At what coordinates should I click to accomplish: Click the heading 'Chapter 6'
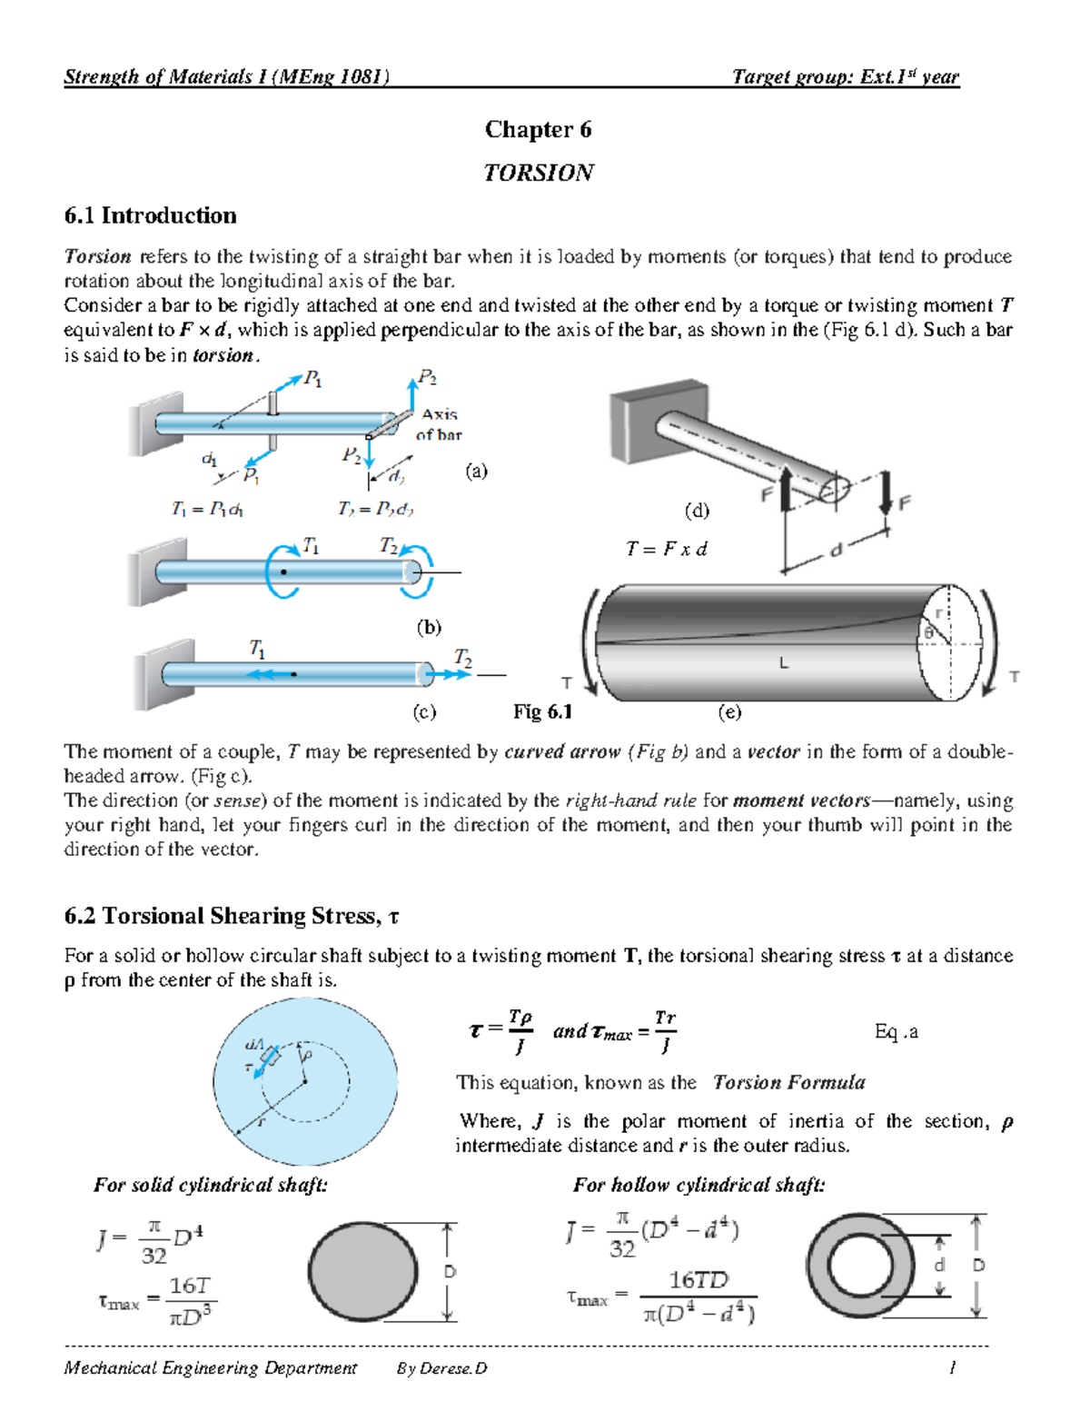[x=538, y=130]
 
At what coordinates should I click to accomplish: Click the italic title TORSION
[x=538, y=173]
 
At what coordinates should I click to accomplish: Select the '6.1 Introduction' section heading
[x=150, y=215]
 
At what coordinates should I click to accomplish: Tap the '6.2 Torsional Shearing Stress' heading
[x=232, y=916]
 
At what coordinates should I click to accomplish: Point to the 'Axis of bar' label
[x=439, y=424]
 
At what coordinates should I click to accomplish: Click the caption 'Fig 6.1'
[x=542, y=711]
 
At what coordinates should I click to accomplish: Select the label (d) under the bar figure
[x=697, y=510]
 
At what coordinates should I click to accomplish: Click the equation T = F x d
[x=666, y=549]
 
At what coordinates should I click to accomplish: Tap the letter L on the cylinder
[x=783, y=663]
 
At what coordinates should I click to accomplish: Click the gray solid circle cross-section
[x=363, y=1270]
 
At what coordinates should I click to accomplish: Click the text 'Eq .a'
[x=896, y=1031]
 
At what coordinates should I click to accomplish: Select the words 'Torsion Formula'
[x=788, y=1082]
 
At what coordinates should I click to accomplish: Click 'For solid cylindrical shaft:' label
[x=211, y=1185]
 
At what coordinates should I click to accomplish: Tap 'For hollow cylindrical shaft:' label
[x=699, y=1185]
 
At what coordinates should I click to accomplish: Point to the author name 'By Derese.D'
[x=441, y=1368]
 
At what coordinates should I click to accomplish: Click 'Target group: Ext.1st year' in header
[x=845, y=77]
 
